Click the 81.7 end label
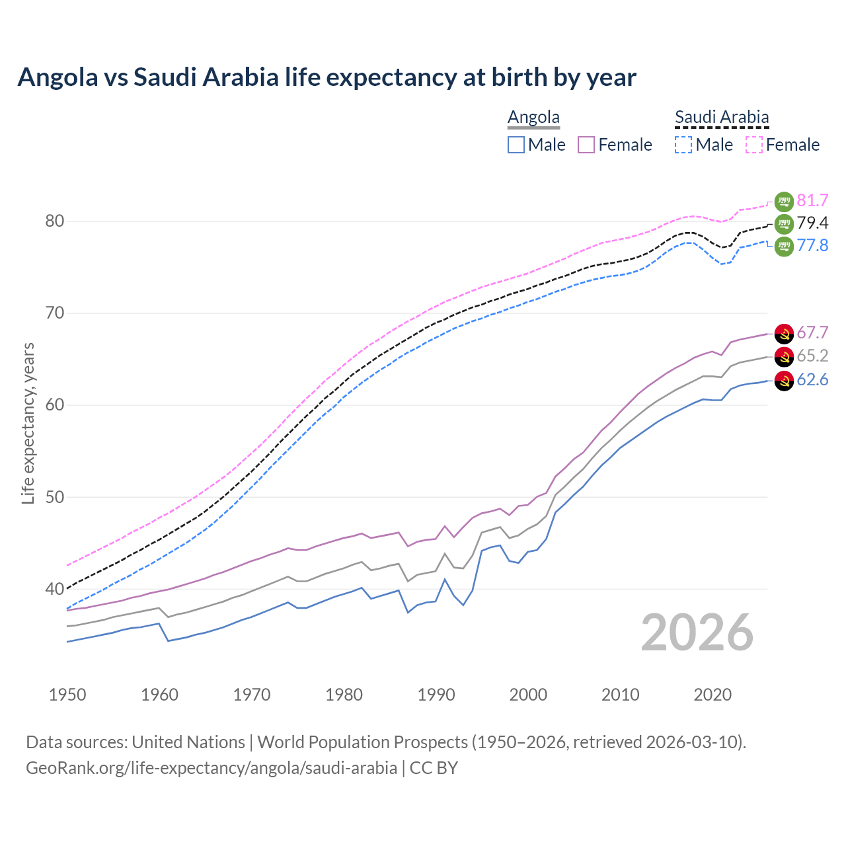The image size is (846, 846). [812, 200]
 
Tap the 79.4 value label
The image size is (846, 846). [812, 223]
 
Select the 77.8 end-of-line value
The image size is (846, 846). [812, 245]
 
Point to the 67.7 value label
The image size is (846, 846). [812, 333]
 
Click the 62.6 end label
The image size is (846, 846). [812, 379]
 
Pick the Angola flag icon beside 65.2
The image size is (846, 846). [784, 357]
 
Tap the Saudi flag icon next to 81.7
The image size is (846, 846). [784, 201]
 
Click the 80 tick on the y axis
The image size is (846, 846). [55, 221]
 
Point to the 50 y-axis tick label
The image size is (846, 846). [55, 497]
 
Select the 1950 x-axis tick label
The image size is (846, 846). [67, 695]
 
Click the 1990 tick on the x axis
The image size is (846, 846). [436, 695]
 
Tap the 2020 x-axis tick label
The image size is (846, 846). [712, 695]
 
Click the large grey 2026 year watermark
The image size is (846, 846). [697, 633]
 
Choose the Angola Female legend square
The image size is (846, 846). [586, 145]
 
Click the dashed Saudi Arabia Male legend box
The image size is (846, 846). [683, 145]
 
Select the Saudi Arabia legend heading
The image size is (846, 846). [722, 117]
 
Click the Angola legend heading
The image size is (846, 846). [533, 117]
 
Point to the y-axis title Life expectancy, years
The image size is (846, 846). [28, 423]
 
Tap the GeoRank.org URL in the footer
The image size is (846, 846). [211, 768]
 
